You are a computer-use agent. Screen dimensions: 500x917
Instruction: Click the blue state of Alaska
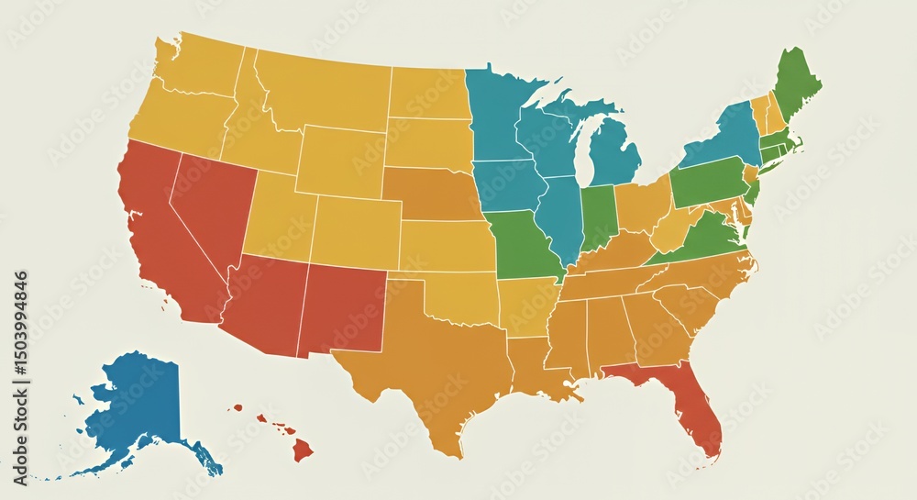(138, 399)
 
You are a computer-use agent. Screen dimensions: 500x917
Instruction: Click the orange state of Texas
(431, 367)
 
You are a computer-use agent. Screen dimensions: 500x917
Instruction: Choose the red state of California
(156, 229)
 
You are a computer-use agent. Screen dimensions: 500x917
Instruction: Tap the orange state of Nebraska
(431, 193)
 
